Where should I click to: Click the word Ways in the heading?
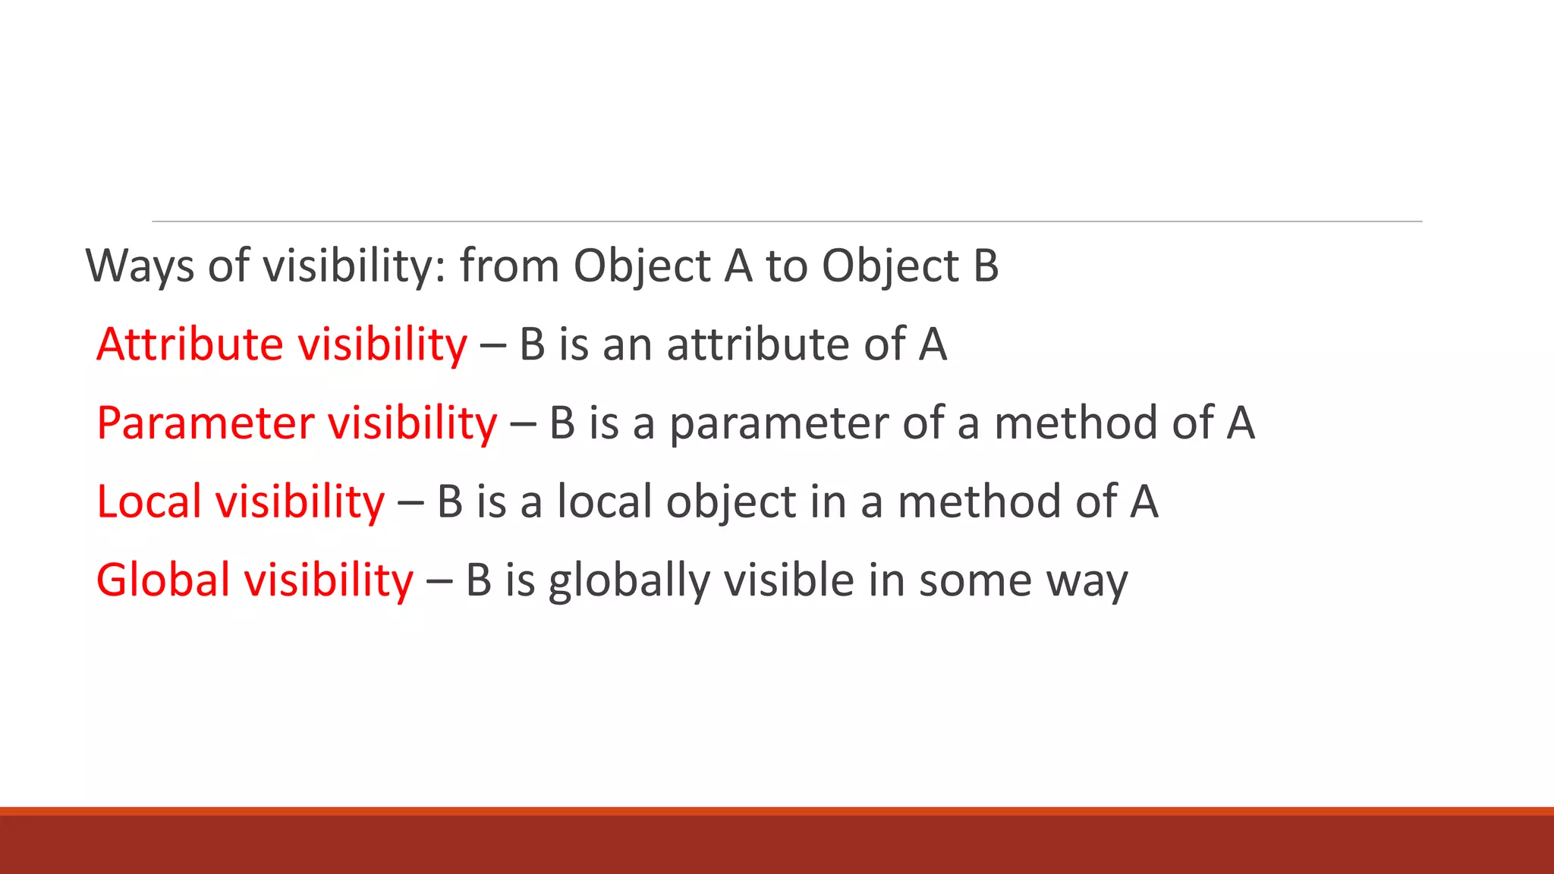140,266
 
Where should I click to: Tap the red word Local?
149,502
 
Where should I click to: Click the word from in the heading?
509,266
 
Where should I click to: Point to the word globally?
628,582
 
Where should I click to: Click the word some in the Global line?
975,581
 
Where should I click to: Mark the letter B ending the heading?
985,266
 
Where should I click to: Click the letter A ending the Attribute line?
933,344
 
